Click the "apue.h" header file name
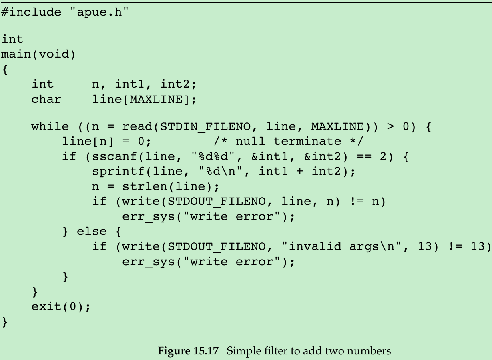pyautogui.click(x=99, y=12)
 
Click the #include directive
pyautogui.click(x=31, y=12)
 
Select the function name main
pyautogui.click(x=16, y=54)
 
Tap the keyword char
pyautogui.click(x=46, y=99)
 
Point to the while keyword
pyautogui.click(x=50, y=127)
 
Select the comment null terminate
pyautogui.click(x=288, y=142)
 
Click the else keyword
pyautogui.click(x=92, y=232)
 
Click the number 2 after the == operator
pyautogui.click(x=383, y=156)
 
